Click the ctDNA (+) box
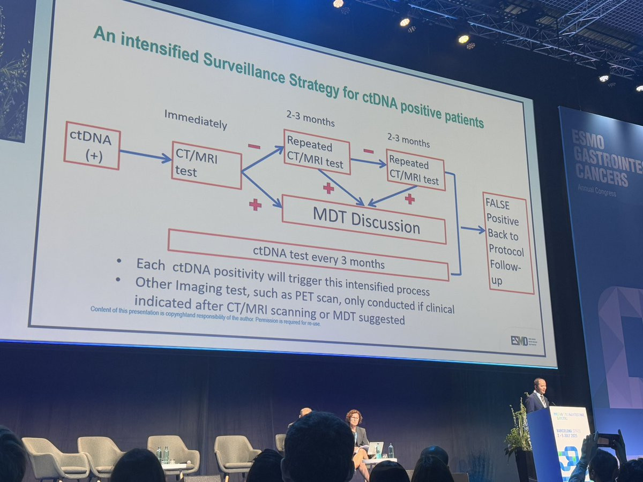92,145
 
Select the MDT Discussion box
364,219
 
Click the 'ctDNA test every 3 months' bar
308,255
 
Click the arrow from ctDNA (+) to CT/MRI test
145,156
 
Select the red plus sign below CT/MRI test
255,205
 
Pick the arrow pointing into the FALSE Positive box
473,229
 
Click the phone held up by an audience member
607,440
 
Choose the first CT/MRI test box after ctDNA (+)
206,165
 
